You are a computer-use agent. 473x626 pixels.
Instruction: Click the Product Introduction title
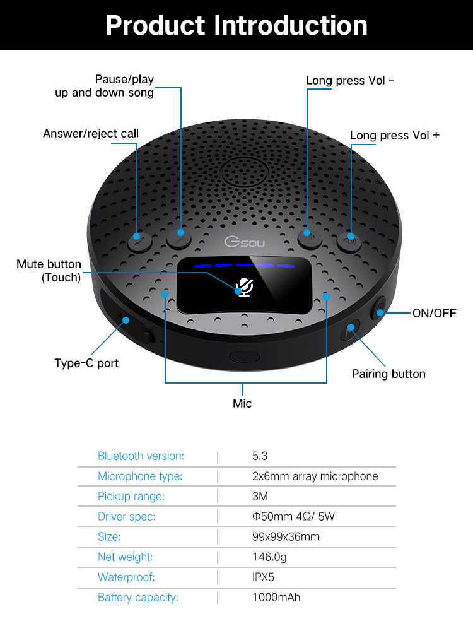tap(237, 25)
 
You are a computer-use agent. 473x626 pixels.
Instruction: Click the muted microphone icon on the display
tap(243, 288)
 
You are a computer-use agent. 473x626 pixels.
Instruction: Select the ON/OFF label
tap(434, 313)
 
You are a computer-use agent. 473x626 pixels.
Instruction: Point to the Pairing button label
tap(388, 374)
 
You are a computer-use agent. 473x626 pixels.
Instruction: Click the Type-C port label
tap(86, 363)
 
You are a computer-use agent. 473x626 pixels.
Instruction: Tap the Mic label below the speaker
tap(242, 403)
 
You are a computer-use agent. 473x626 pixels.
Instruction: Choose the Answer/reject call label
tap(91, 133)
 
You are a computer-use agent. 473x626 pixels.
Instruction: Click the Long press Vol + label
tap(395, 136)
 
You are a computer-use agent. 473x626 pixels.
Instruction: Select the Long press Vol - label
tap(350, 80)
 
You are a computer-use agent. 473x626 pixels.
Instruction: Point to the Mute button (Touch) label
tap(49, 270)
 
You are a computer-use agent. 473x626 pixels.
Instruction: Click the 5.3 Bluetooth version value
tap(260, 456)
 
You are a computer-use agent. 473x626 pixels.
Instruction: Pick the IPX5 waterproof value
tap(263, 577)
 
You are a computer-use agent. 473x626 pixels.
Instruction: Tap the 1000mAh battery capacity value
tap(276, 597)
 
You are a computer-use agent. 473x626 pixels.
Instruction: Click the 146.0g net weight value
tap(269, 557)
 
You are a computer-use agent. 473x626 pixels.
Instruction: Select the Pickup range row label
tap(131, 496)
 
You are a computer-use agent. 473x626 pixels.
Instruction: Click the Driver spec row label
tap(126, 516)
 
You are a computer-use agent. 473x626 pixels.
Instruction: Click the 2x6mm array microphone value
tap(315, 476)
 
